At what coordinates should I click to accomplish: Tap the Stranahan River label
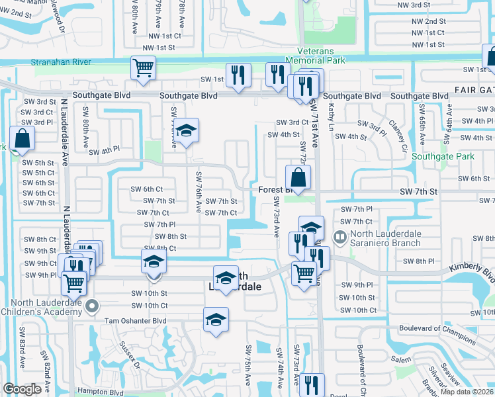click(61, 62)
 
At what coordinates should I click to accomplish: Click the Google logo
click(22, 389)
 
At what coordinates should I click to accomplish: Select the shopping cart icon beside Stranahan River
click(143, 67)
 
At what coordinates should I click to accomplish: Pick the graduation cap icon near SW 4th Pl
click(187, 131)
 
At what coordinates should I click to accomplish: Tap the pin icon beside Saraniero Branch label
click(340, 236)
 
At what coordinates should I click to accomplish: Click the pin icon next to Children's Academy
click(93, 306)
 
